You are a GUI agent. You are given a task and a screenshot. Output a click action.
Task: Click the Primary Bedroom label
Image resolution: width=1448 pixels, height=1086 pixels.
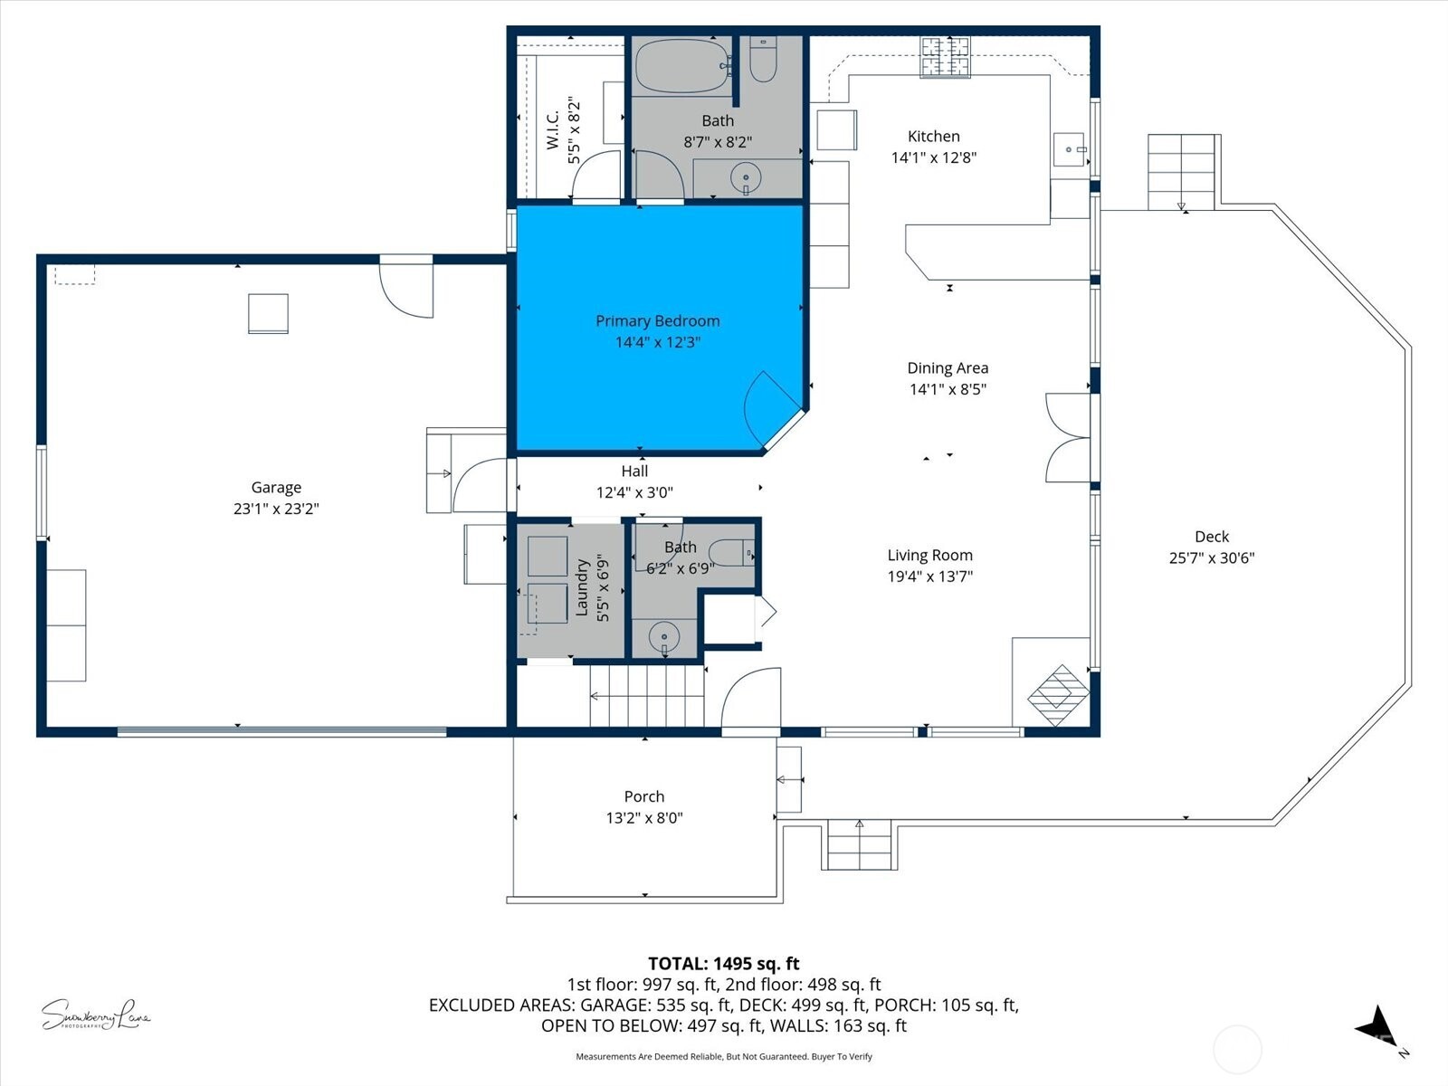657,321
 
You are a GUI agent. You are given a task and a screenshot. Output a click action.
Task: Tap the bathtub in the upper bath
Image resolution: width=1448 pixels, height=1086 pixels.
681,66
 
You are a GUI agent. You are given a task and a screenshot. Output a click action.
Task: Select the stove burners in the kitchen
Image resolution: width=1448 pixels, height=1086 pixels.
945,55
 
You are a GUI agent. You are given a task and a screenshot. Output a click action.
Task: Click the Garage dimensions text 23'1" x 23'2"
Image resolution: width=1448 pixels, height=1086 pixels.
276,509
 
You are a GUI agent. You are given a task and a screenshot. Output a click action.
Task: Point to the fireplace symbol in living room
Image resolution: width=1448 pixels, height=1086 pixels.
1058,695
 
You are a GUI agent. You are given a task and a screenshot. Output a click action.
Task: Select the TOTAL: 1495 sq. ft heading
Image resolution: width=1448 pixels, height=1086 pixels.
723,964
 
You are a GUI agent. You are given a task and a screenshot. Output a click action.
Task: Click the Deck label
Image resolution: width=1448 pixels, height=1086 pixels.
1211,537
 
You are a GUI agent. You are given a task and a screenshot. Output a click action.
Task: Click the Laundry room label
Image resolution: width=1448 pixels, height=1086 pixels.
582,587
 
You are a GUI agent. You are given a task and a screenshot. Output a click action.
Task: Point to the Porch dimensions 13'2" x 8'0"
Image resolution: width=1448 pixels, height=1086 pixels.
643,818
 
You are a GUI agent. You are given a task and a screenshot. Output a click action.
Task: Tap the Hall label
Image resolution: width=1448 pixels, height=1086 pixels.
634,471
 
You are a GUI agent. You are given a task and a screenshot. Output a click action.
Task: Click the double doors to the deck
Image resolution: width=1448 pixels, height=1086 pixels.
1067,438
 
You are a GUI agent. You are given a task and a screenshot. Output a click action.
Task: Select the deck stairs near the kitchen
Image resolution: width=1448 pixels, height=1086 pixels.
1181,171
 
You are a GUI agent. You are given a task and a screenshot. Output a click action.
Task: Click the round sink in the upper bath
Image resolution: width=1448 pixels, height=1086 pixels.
745,177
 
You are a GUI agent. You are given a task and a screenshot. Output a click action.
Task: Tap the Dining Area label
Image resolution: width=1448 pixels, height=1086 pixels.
947,368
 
